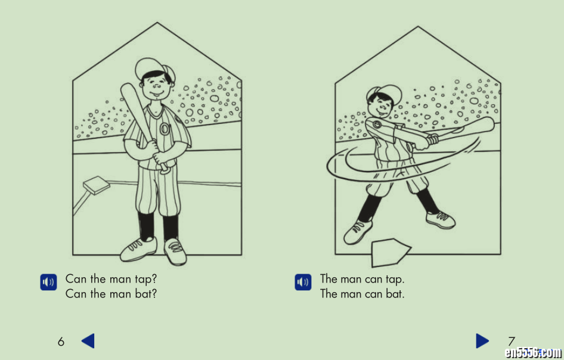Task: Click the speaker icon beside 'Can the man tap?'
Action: pyautogui.click(x=48, y=282)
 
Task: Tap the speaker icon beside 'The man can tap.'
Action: pyautogui.click(x=303, y=282)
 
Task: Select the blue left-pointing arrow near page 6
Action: pyautogui.click(x=88, y=340)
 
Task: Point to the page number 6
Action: pyautogui.click(x=61, y=342)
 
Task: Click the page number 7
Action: pyautogui.click(x=511, y=341)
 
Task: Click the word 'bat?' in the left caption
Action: pyautogui.click(x=146, y=294)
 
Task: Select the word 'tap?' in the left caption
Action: pyautogui.click(x=146, y=280)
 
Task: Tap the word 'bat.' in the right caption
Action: pyautogui.click(x=395, y=294)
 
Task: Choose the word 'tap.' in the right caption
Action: pyautogui.click(x=395, y=280)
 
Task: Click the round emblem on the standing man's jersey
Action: pyautogui.click(x=165, y=129)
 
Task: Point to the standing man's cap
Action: pyautogui.click(x=154, y=69)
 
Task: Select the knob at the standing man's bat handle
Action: pyautogui.click(x=165, y=170)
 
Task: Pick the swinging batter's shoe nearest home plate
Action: pyautogui.click(x=358, y=232)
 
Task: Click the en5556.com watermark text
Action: pyautogui.click(x=534, y=353)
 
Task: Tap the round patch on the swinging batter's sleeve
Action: pyautogui.click(x=377, y=125)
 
